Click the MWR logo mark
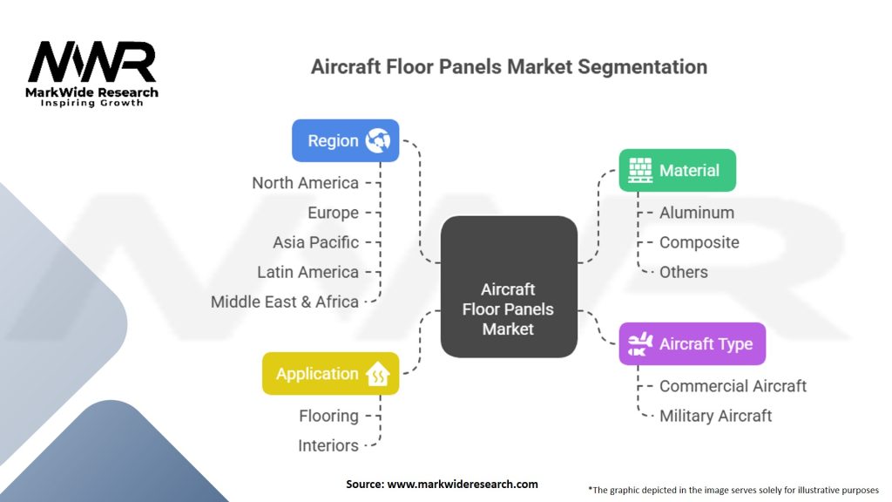click(x=91, y=62)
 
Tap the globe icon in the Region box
click(x=378, y=140)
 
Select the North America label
click(x=305, y=183)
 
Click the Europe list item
click(x=333, y=213)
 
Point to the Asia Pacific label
click(x=315, y=242)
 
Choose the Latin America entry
click(x=307, y=272)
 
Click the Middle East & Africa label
click(x=285, y=301)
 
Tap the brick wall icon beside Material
click(x=640, y=170)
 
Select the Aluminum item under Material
click(x=696, y=213)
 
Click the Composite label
click(x=699, y=242)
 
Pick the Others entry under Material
click(x=683, y=272)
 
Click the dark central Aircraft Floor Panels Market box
click(x=509, y=286)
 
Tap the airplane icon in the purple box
click(x=640, y=343)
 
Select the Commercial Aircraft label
click(x=733, y=386)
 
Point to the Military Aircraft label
click(x=715, y=416)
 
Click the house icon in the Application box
click(x=378, y=373)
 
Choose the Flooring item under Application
click(x=328, y=416)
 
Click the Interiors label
click(x=328, y=445)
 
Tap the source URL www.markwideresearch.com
click(x=463, y=484)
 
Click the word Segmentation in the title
click(x=642, y=66)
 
